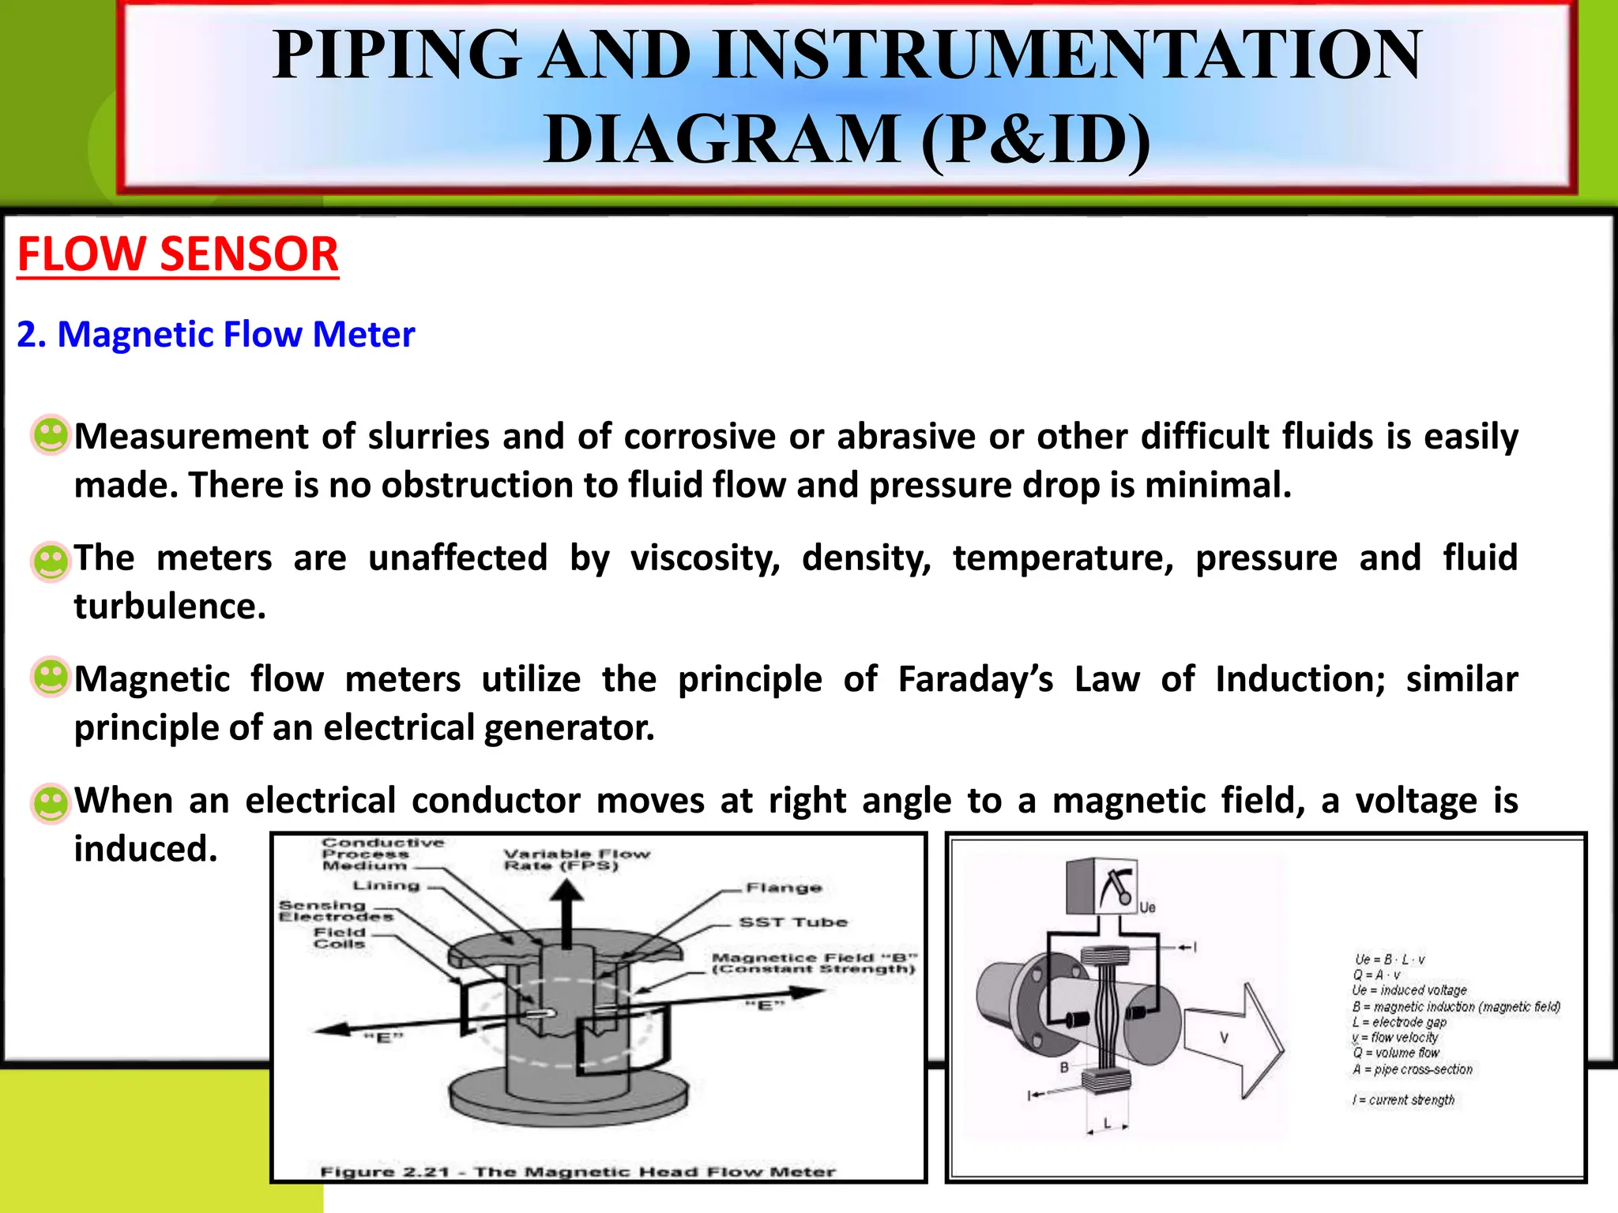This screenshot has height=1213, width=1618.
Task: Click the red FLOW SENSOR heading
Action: tap(178, 254)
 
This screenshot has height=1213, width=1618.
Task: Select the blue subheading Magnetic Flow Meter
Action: tap(216, 335)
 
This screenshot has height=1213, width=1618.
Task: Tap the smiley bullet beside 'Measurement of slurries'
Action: tap(51, 435)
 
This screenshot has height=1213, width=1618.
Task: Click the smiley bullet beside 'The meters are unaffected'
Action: tap(51, 561)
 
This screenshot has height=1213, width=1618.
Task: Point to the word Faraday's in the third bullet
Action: tap(975, 680)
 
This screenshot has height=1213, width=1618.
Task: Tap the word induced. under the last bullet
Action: tap(145, 850)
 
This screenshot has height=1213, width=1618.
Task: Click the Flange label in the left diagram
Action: tap(784, 888)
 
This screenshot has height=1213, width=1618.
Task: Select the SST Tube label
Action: tap(792, 922)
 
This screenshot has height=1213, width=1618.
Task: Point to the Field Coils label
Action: tap(340, 938)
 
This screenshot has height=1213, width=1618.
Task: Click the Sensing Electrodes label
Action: tap(335, 911)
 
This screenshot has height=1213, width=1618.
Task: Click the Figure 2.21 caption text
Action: tap(577, 1172)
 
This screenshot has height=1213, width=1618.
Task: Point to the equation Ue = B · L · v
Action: tap(1390, 960)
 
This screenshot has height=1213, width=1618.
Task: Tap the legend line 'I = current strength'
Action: tap(1403, 1100)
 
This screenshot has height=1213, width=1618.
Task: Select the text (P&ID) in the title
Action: tap(1035, 140)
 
